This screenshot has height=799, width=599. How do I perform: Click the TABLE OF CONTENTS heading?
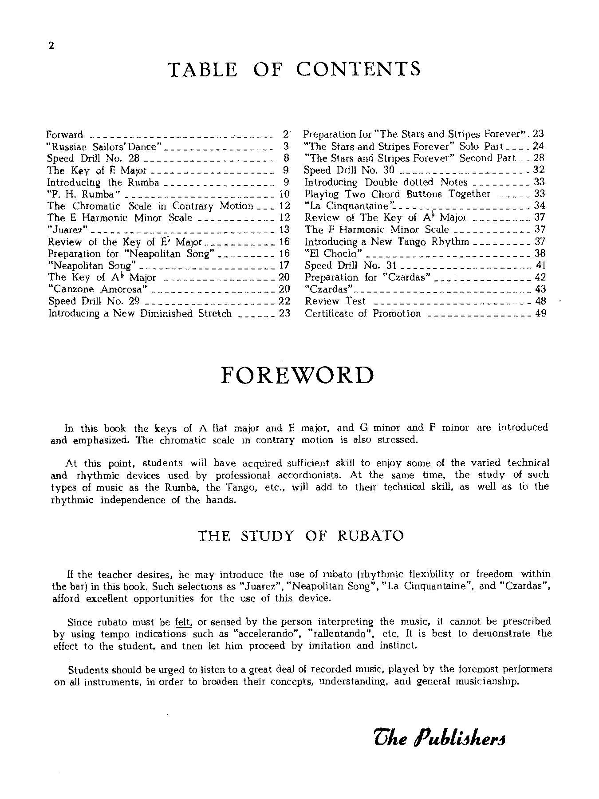294,69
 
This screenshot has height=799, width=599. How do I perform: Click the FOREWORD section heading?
297,376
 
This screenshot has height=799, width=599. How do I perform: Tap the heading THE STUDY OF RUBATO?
300,535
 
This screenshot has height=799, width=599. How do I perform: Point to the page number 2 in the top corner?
51,45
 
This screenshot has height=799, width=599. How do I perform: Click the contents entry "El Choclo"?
333,253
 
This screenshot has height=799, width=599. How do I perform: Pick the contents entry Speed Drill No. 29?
94,301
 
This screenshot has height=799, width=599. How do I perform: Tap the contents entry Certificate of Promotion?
363,313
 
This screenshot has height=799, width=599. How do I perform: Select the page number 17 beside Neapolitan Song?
284,265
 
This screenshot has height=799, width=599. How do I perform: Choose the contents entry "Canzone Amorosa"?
97,289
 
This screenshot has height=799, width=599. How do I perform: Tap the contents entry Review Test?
335,301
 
